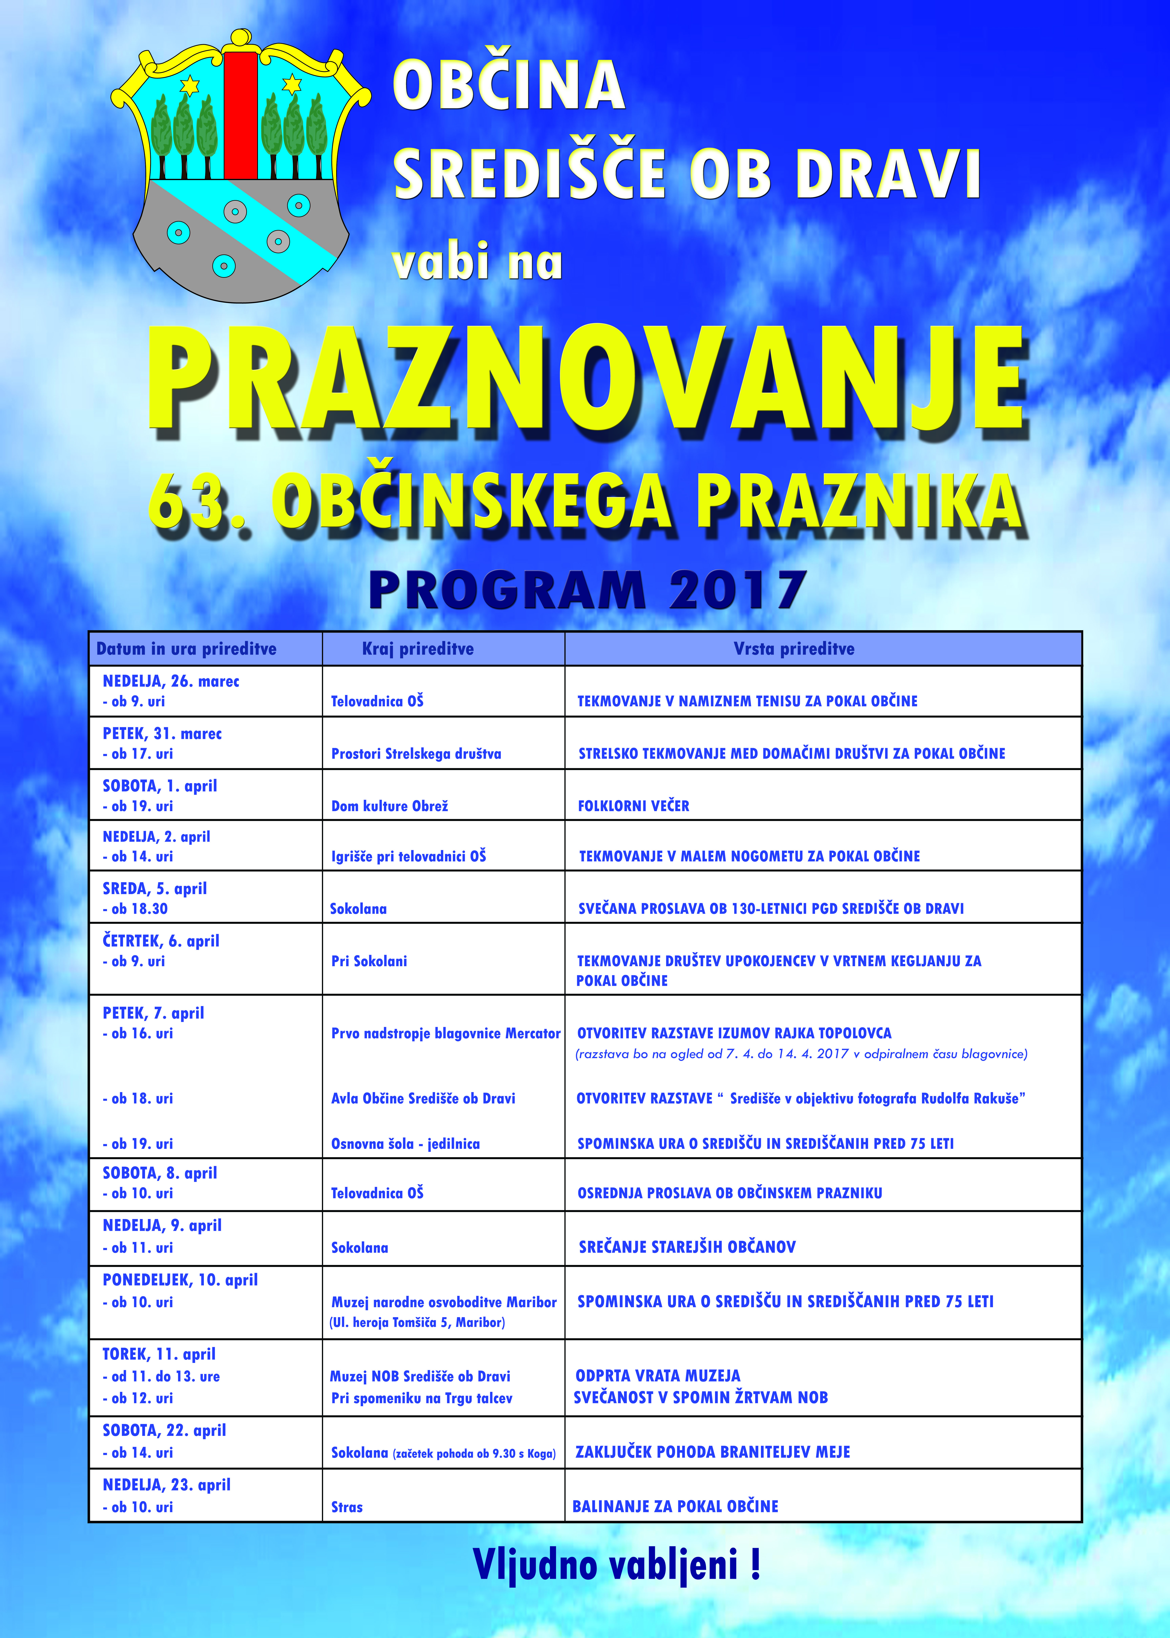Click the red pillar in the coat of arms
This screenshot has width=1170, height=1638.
tap(241, 115)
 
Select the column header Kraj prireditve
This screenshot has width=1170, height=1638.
tap(418, 649)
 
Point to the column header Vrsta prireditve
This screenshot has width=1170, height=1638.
tap(794, 649)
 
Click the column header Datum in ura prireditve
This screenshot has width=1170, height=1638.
tap(187, 649)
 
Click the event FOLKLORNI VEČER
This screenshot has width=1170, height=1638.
tap(633, 806)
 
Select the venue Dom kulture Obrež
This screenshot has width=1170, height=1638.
tap(390, 806)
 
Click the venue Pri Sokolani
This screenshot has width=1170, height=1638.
tap(369, 961)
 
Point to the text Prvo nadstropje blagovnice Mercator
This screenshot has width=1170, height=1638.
tap(445, 1034)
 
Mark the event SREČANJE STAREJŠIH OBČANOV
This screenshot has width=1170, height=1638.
tap(687, 1247)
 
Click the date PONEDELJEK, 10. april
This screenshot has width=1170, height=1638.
tap(180, 1280)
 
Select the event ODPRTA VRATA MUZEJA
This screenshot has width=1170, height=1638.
tap(658, 1376)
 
